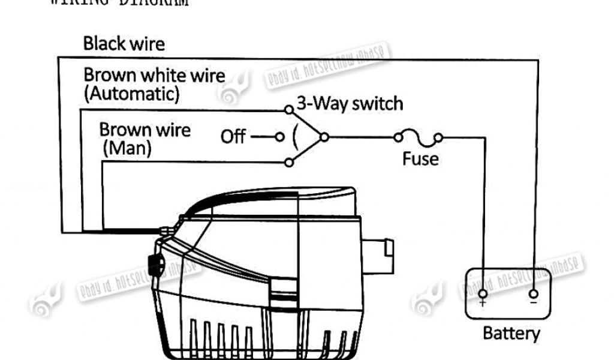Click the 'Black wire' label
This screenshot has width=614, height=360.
[x=124, y=43]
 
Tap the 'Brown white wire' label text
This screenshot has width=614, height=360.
[x=154, y=76]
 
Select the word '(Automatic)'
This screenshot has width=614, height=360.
[x=132, y=94]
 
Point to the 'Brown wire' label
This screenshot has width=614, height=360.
[x=145, y=130]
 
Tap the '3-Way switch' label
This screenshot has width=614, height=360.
[x=350, y=104]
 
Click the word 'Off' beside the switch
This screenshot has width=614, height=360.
[x=233, y=137]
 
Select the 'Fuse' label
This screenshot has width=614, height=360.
[x=420, y=159]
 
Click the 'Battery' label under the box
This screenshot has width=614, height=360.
[x=511, y=334]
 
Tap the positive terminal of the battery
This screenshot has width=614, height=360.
[x=483, y=294]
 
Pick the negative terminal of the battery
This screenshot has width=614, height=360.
[x=533, y=294]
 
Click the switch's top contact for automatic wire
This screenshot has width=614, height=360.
[x=289, y=110]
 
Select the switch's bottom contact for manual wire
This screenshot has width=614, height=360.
[x=289, y=162]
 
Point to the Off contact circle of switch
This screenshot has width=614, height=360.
[x=279, y=137]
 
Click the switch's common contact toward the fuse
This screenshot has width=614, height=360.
[x=324, y=137]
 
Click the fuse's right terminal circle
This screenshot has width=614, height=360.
[x=439, y=137]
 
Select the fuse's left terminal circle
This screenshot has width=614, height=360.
[x=398, y=137]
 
